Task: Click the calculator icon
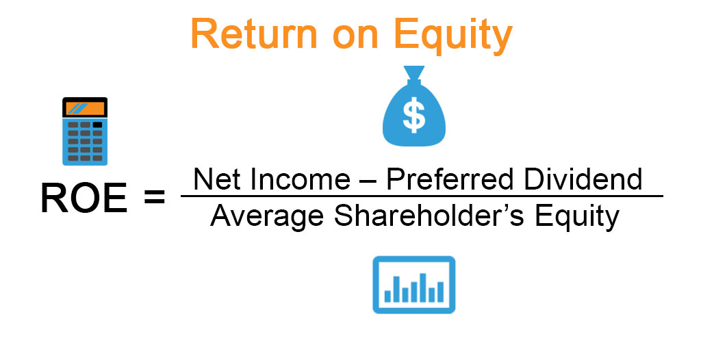tap(85, 131)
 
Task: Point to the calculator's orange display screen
tap(85, 108)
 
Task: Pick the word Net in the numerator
tap(215, 179)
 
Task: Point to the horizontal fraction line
tap(422, 196)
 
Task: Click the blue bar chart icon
tap(413, 285)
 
